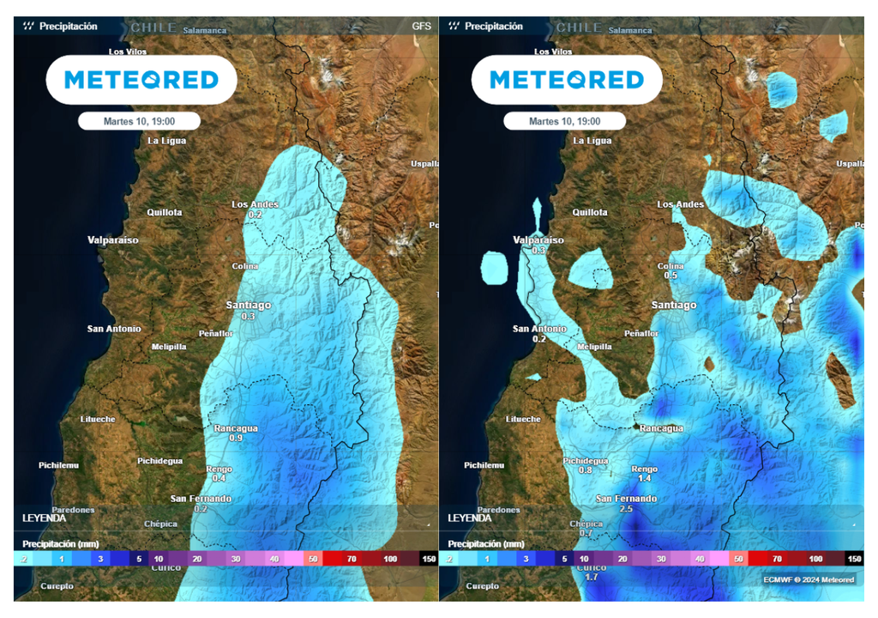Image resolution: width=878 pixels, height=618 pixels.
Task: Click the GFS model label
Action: point(421,26)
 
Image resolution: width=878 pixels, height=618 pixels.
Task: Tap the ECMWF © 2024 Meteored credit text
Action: point(809,579)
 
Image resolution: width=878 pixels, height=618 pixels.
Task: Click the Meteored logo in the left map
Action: point(141,80)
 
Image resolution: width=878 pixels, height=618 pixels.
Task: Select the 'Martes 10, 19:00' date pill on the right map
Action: point(564,121)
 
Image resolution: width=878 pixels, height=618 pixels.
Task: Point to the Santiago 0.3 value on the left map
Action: point(249,317)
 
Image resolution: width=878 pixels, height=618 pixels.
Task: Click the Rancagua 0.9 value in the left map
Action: point(236,438)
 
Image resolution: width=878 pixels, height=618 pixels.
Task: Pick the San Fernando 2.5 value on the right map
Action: point(626,509)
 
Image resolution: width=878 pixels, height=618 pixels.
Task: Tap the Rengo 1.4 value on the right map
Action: point(645,478)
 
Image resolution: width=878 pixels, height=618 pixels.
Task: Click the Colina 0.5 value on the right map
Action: point(671,276)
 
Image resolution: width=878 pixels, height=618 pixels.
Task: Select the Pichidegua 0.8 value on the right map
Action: point(586,470)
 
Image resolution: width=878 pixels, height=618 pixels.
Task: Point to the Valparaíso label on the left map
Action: point(112,240)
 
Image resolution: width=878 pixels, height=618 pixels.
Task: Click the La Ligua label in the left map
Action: point(166,141)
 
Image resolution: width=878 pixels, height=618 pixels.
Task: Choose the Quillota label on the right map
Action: point(590,212)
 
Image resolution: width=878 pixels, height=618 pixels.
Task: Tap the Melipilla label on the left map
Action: point(168,347)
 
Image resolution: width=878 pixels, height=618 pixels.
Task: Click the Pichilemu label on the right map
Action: point(485,465)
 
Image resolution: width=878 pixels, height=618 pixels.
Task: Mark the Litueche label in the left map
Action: point(98,419)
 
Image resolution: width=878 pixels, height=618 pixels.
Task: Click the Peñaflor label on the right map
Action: point(641,333)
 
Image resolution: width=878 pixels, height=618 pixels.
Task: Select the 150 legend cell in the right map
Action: point(853,559)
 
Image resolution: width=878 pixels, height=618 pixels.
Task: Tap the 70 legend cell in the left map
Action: point(352,559)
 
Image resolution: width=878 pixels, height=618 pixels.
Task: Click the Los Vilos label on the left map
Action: point(127,51)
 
